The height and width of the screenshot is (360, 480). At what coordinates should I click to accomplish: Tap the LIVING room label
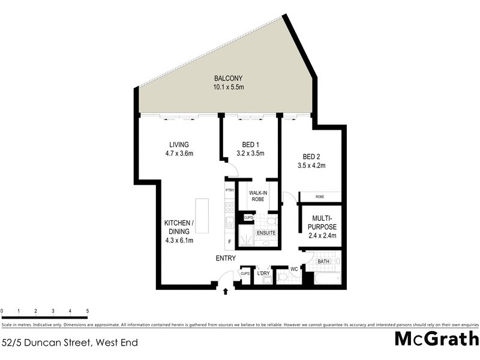[x=179, y=145]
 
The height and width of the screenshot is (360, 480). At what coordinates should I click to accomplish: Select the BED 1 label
[x=250, y=145]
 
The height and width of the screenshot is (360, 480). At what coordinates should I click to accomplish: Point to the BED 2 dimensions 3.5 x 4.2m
[x=311, y=166]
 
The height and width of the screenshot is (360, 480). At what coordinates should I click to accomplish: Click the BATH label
[x=322, y=261]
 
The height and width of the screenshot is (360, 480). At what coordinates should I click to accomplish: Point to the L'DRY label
[x=263, y=274]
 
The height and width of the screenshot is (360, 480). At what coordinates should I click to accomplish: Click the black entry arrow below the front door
[x=226, y=292]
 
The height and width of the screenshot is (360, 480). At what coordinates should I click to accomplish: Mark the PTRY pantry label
[x=229, y=190]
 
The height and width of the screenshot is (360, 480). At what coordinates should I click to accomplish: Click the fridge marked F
[x=229, y=242]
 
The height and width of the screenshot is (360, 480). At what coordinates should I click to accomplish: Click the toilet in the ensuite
[x=269, y=221]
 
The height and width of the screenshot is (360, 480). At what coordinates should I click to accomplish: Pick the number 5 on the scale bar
[x=88, y=310]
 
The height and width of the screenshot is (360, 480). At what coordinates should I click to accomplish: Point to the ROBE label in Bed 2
[x=320, y=196]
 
